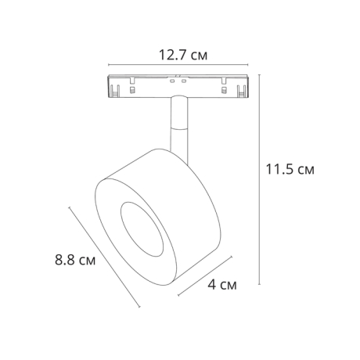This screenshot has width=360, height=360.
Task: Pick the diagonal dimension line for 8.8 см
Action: click(x=105, y=255)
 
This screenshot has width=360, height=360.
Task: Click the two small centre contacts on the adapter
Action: click(x=177, y=80)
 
